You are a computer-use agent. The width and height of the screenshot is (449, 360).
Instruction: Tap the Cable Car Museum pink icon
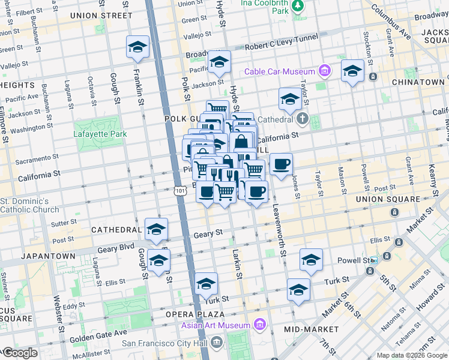pyautogui.click(x=325, y=71)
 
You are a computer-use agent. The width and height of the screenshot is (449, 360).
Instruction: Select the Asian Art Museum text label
pyautogui.click(x=216, y=325)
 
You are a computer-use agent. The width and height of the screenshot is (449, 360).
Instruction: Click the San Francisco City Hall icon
pyautogui.click(x=217, y=343)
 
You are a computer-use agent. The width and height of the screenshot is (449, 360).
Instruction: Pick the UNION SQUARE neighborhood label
pyautogui.click(x=388, y=199)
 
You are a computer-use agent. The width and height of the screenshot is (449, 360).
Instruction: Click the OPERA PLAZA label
pyautogui.click(x=195, y=314)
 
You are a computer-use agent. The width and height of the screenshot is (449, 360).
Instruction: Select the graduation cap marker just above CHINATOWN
pyautogui.click(x=352, y=71)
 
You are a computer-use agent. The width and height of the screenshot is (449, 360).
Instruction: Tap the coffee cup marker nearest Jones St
pyautogui.click(x=281, y=164)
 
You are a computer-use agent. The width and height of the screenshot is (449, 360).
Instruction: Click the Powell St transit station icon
pyautogui.click(x=374, y=260)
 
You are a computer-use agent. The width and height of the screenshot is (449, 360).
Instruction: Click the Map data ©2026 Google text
pyautogui.click(x=412, y=355)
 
